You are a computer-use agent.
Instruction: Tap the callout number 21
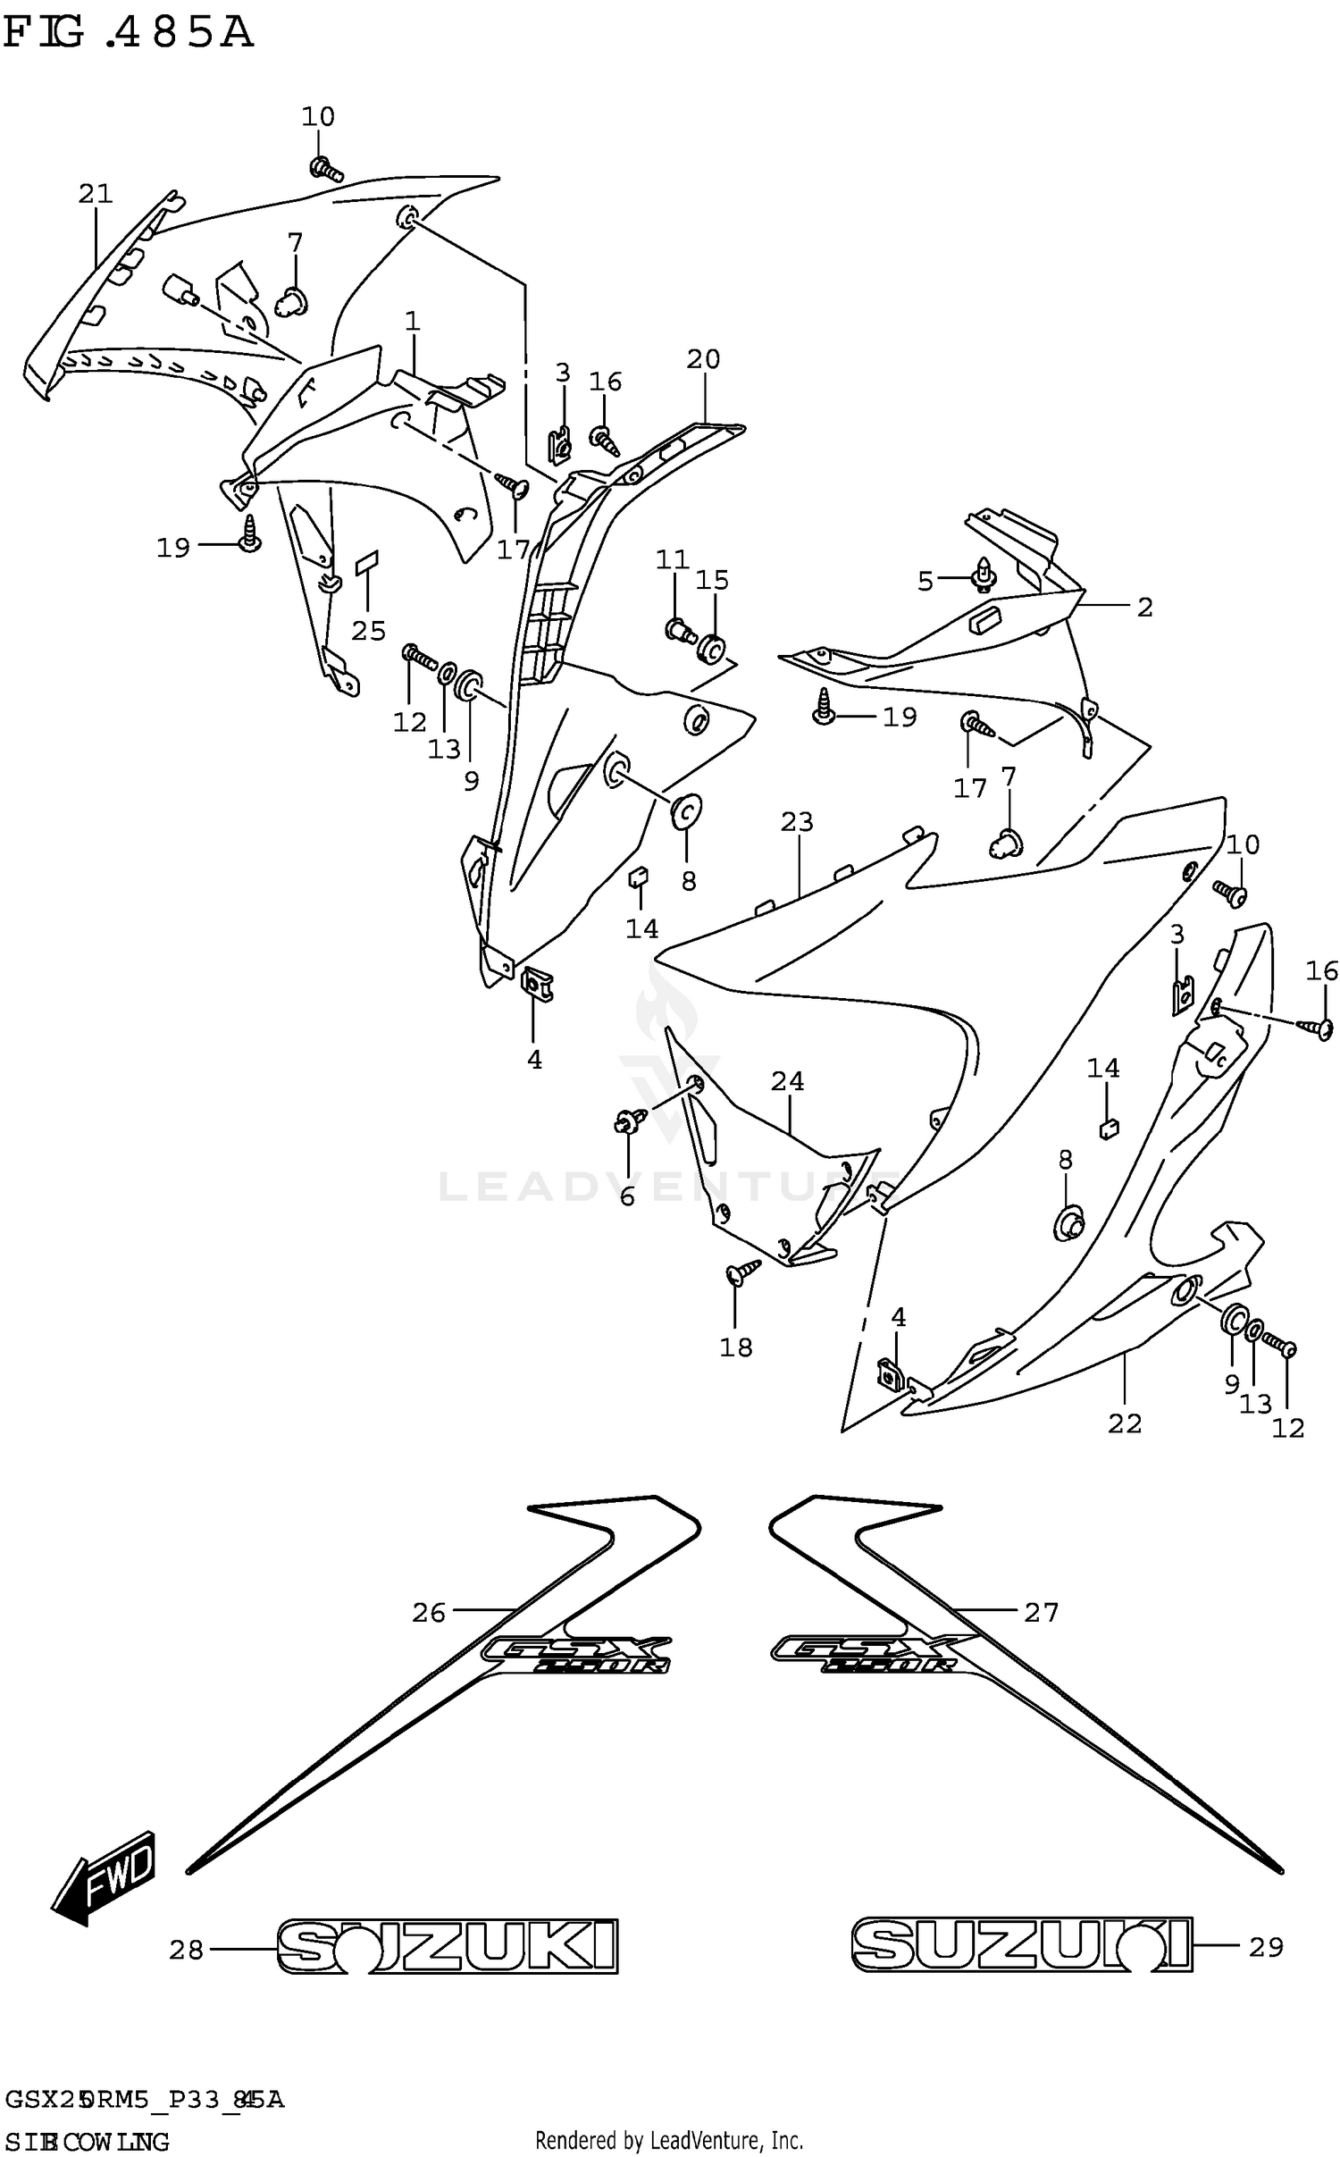[x=96, y=193]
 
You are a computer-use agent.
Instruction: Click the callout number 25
[x=368, y=631]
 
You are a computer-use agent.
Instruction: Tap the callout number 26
[x=429, y=1612]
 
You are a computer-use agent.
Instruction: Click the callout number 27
[x=1041, y=1612]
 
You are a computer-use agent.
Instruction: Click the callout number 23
[x=797, y=821]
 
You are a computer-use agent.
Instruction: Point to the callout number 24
[x=788, y=1081]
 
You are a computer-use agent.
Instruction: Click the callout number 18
[x=736, y=1347]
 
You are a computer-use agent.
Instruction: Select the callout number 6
[x=627, y=1196]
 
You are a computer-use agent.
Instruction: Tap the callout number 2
[x=1145, y=607]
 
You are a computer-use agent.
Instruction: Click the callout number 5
[x=925, y=582]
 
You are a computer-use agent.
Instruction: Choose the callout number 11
[x=672, y=560]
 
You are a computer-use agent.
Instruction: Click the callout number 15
[x=712, y=580]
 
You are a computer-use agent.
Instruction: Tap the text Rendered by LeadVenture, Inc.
[x=669, y=2140]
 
